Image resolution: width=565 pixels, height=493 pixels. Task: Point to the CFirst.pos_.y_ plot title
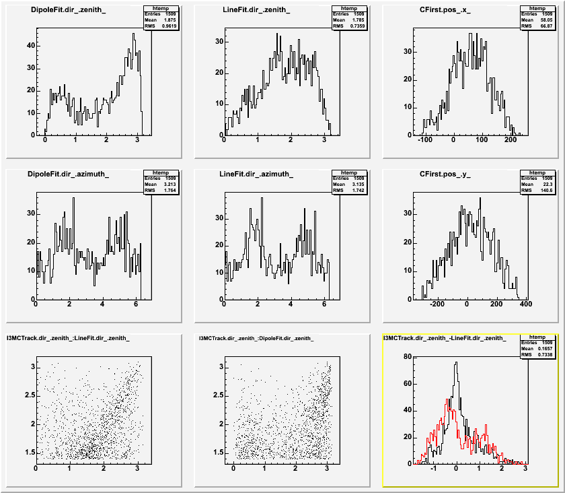[445, 174]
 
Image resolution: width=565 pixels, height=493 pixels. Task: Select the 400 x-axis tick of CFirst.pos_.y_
[525, 304]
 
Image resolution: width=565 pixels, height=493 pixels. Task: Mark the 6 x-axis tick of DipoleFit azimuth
[136, 304]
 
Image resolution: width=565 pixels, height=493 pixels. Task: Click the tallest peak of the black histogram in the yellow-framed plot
[456, 363]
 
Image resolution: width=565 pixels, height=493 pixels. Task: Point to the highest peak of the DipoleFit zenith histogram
[134, 34]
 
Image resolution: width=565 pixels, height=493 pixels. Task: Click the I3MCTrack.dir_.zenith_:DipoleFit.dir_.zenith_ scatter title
[258, 338]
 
